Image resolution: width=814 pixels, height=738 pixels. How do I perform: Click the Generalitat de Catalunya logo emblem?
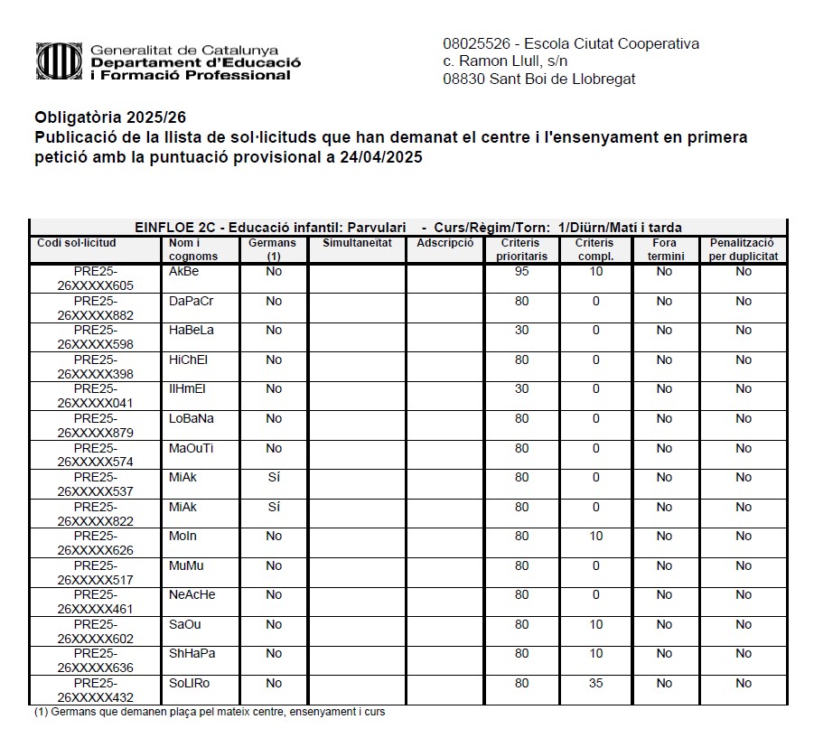[58, 61]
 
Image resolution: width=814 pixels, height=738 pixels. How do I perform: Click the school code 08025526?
[477, 43]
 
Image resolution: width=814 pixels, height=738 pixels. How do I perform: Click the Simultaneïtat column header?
[356, 243]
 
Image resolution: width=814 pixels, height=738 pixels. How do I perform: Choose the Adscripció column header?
[444, 243]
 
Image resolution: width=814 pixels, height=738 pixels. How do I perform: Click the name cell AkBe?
[183, 272]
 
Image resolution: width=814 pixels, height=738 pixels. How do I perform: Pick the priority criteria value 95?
[521, 272]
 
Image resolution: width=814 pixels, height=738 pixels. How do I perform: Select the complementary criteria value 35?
[595, 684]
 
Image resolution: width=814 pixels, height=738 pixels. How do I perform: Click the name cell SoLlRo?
[189, 684]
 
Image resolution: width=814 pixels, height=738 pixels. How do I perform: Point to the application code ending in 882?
[95, 308]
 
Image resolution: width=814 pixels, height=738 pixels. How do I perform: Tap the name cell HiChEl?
[188, 360]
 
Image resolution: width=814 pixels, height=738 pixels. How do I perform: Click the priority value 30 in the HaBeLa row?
[521, 331]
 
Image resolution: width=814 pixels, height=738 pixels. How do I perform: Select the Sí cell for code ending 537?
[274, 478]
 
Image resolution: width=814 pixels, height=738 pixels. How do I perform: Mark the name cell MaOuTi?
[191, 449]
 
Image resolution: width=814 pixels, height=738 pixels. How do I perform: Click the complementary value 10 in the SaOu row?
[595, 625]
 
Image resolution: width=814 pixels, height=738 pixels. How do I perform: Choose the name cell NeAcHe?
[192, 595]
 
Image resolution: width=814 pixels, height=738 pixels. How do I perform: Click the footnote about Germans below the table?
[210, 712]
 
